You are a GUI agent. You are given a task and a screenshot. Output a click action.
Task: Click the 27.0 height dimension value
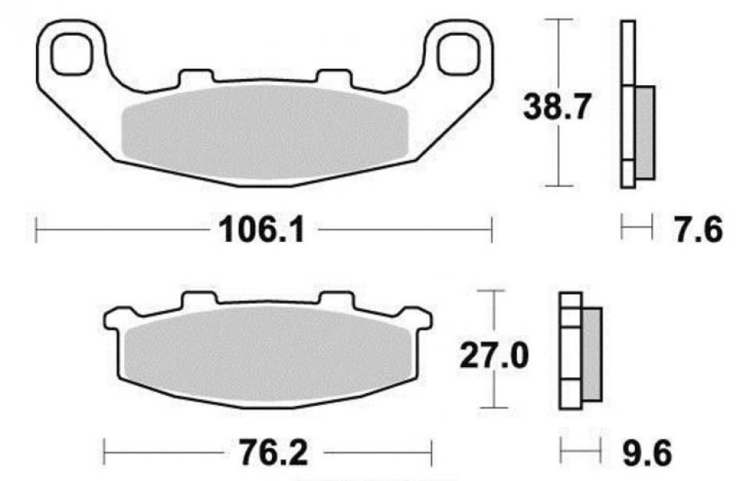point(494,356)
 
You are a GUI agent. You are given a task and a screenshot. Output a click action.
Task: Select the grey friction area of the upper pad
point(266,134)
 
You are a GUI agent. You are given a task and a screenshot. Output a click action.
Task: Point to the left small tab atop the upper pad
point(195,78)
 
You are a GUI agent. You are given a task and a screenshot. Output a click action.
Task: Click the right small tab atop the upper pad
point(334,78)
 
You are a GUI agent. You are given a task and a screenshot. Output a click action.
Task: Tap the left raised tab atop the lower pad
point(198,301)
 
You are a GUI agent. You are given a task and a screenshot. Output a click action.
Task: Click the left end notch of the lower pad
point(112,318)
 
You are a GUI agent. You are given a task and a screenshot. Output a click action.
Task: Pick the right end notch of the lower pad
point(423,318)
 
